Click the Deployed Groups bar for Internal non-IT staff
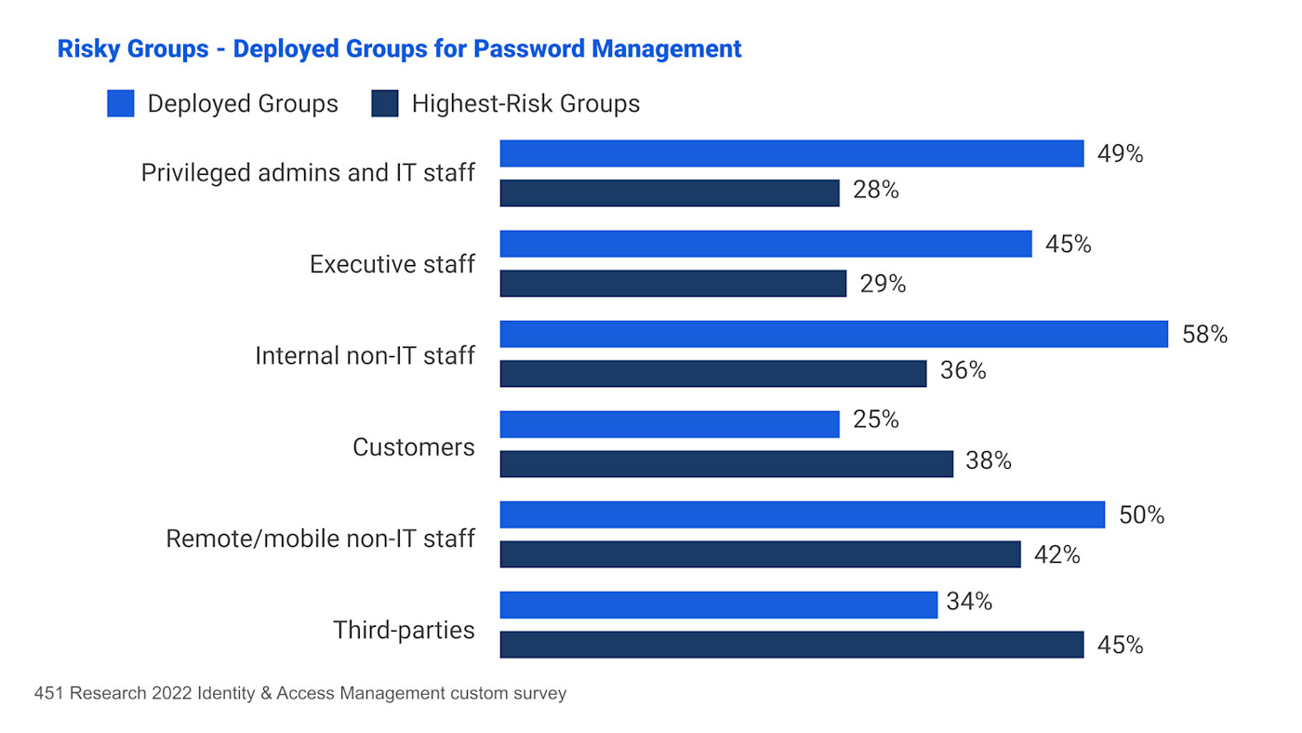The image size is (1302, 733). click(x=833, y=334)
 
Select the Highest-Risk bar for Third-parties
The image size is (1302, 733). click(x=791, y=645)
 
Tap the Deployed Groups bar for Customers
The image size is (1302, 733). click(x=670, y=424)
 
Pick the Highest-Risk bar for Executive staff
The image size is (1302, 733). click(x=672, y=284)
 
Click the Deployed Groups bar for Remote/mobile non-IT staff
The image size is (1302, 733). click(x=802, y=514)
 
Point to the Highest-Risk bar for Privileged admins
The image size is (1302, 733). click(x=670, y=193)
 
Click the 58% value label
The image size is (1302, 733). click(x=1204, y=335)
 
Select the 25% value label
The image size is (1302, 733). click(x=876, y=420)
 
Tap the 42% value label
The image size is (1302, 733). click(x=1056, y=555)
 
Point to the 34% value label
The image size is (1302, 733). click(x=969, y=602)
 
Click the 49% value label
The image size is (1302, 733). click(x=1120, y=154)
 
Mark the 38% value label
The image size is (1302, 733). click(x=988, y=460)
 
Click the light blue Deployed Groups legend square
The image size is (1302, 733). click(x=121, y=103)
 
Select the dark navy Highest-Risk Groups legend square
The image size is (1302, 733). click(x=385, y=103)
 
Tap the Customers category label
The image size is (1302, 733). click(x=413, y=447)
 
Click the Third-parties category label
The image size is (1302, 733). click(x=404, y=631)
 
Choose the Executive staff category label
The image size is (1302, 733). click(x=392, y=264)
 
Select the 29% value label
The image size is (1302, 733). click(x=883, y=284)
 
